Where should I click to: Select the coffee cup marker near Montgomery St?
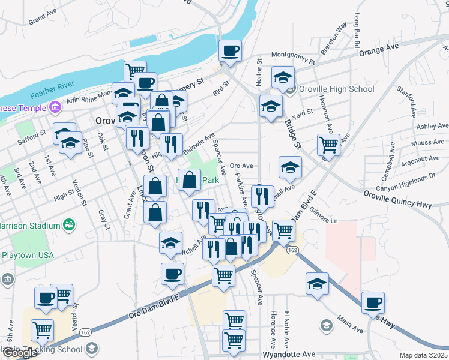[x=229, y=50]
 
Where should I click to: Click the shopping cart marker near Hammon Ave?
[x=328, y=144]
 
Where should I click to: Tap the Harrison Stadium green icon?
[x=70, y=225]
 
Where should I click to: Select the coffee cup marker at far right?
[x=373, y=302]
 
